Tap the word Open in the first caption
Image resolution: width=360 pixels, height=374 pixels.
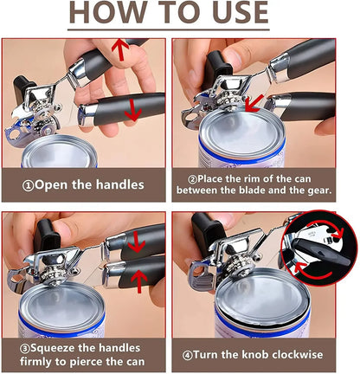coord(70,184)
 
